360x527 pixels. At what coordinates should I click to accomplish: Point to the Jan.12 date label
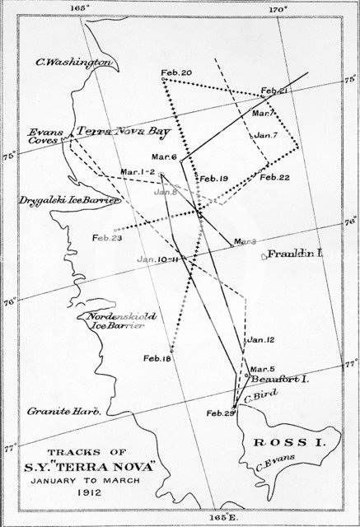pyautogui.click(x=260, y=339)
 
